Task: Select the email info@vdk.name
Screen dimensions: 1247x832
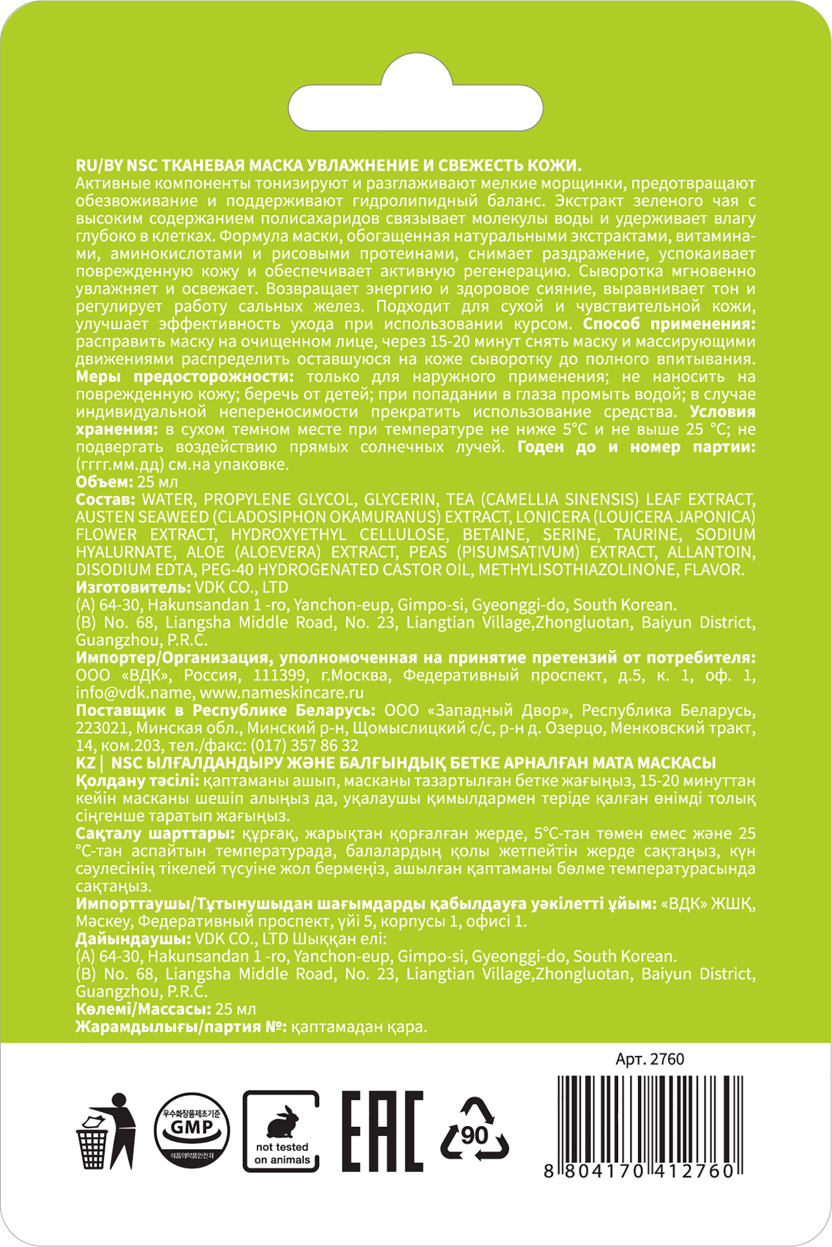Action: (133, 694)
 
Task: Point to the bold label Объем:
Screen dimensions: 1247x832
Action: (104, 483)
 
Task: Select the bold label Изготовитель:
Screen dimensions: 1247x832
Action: (131, 588)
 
